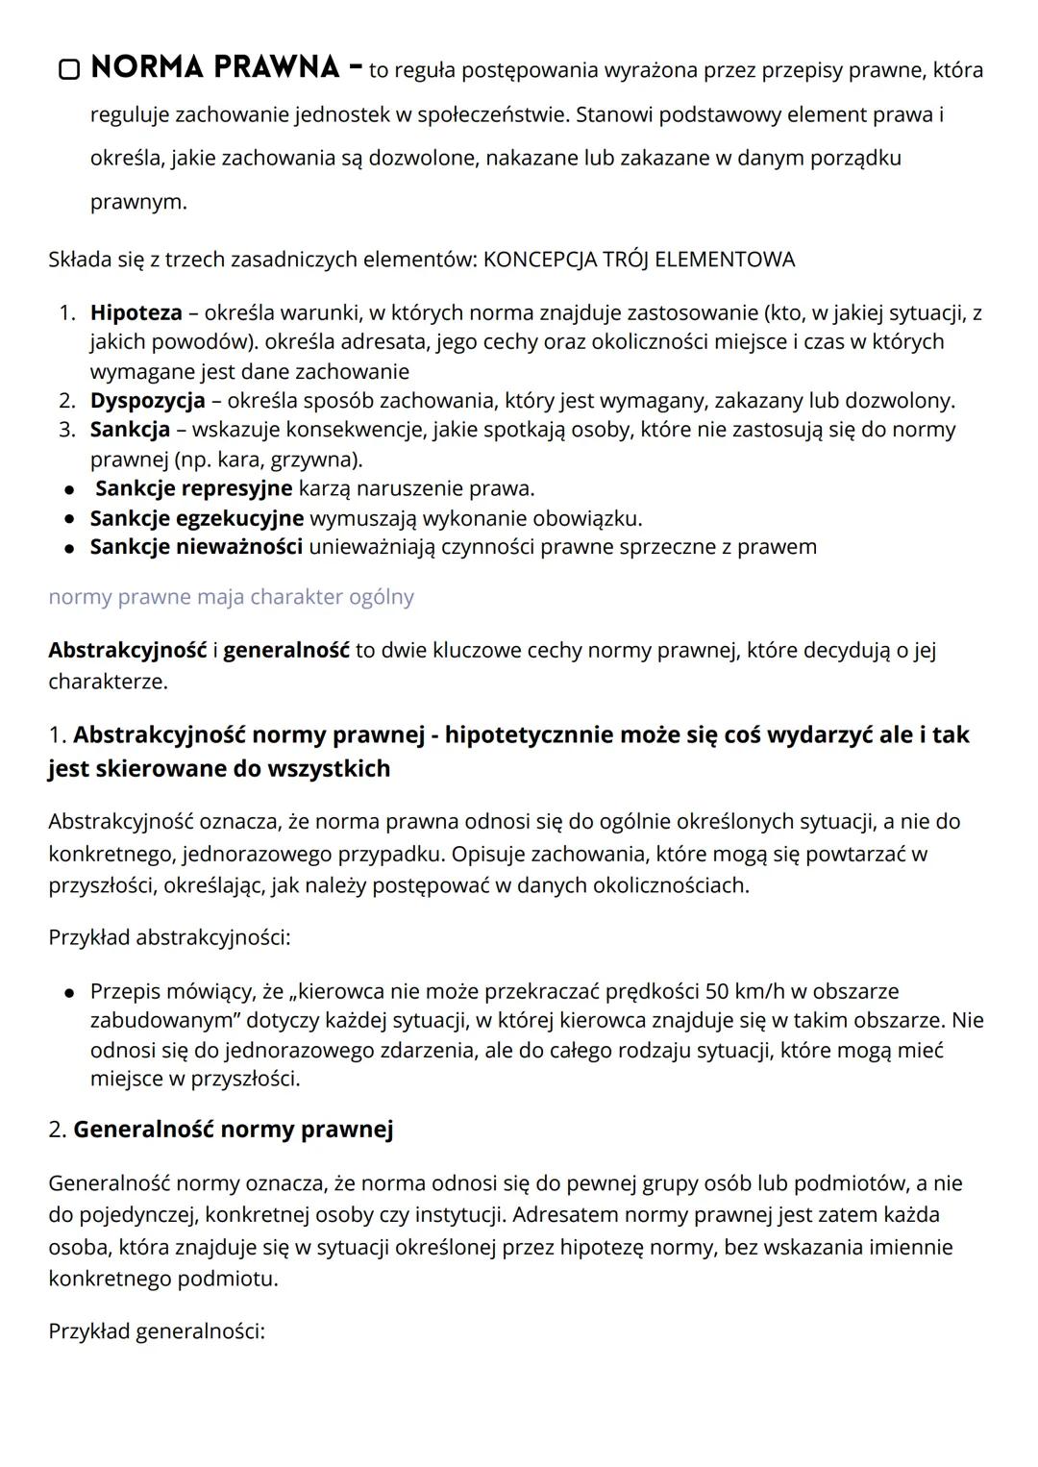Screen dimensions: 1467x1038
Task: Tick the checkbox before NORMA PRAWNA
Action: pyautogui.click(x=68, y=70)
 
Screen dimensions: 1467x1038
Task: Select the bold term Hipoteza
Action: pyautogui.click(x=136, y=312)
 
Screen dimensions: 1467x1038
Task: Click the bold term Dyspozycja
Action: pyautogui.click(x=147, y=400)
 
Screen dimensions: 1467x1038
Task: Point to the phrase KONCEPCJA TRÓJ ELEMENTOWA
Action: pyautogui.click(x=639, y=260)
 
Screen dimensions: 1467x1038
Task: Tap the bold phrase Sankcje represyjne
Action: pyautogui.click(x=193, y=488)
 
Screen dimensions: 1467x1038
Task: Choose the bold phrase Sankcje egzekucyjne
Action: pyautogui.click(x=196, y=518)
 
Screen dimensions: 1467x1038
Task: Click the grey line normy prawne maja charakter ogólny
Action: pyautogui.click(x=231, y=597)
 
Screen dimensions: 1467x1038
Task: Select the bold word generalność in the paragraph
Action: pyautogui.click(x=286, y=650)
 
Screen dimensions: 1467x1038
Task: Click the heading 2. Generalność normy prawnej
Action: pyautogui.click(x=220, y=1130)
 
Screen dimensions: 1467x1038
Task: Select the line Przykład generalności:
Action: pyautogui.click(x=156, y=1331)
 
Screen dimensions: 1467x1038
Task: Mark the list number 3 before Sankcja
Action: pyautogui.click(x=66, y=430)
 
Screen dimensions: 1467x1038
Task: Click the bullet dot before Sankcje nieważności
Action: pyautogui.click(x=69, y=548)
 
